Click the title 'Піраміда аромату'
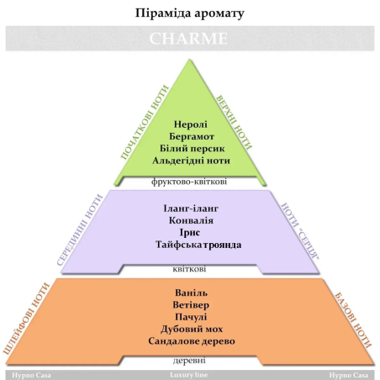point(190,13)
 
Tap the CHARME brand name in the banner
point(188,39)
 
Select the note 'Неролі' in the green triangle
point(191,124)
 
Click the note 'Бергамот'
point(192,136)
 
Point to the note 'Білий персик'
point(193,149)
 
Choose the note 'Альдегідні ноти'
point(192,161)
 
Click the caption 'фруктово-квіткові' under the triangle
point(189,182)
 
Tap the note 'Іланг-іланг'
point(191,208)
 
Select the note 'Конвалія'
point(191,220)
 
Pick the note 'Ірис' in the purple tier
point(190,233)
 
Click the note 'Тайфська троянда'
point(198,245)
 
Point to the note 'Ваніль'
point(191,293)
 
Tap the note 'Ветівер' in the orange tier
point(191,305)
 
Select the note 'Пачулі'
point(191,317)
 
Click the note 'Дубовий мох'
point(192,329)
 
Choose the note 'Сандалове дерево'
point(192,341)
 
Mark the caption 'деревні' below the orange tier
point(189,361)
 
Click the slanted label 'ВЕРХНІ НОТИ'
point(234,123)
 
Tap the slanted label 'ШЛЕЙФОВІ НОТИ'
point(26,319)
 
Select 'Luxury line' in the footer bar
point(189,375)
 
